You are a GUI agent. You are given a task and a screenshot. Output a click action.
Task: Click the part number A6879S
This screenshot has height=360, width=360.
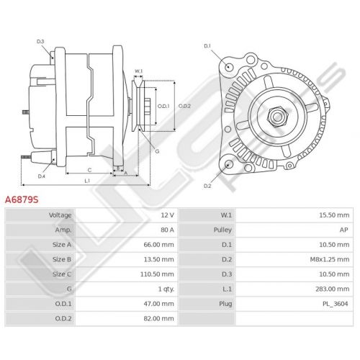22,199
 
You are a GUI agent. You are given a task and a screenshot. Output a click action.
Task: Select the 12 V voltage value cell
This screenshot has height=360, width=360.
167,215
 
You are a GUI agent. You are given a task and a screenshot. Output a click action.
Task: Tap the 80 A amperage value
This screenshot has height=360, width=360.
167,230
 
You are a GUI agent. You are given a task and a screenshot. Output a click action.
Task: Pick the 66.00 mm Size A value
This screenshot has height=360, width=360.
158,245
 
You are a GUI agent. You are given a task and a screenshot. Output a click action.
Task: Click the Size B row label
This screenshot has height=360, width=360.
62,259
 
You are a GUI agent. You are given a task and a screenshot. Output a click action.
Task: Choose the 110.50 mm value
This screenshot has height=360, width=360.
157,274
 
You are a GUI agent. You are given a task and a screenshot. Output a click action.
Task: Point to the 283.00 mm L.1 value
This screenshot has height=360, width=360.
333,289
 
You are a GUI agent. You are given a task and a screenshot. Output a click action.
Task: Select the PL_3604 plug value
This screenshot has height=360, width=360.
335,304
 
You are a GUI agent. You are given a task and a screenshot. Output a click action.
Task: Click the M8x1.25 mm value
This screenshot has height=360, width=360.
330,259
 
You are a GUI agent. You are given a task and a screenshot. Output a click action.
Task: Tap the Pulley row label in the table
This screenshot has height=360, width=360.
222,230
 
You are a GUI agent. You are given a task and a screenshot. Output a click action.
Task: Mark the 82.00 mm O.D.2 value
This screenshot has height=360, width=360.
158,318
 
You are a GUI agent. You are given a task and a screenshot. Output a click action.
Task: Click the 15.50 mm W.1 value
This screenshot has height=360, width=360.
334,215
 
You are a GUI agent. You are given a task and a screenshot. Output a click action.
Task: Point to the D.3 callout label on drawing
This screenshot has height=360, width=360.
40,41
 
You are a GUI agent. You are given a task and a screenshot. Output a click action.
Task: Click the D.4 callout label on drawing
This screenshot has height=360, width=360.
42,176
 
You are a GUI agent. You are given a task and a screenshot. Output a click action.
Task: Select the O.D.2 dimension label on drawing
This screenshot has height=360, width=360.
184,106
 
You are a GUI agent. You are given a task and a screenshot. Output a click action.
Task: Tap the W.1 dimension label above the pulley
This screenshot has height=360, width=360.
138,71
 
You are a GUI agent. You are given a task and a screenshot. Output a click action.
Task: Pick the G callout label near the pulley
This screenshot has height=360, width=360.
157,151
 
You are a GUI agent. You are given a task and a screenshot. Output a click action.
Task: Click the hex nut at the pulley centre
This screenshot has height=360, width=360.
277,117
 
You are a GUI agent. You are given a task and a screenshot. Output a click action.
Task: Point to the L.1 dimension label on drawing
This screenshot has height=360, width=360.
87,181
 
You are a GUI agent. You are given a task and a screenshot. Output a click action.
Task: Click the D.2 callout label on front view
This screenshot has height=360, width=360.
207,186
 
